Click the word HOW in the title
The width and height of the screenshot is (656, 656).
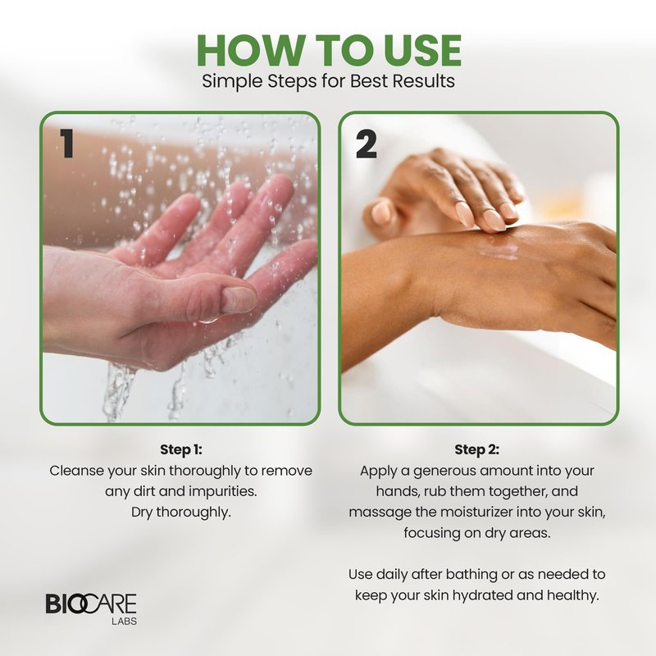coord(249,50)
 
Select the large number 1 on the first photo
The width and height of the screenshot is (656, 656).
coord(67,143)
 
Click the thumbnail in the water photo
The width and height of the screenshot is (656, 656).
coord(238,299)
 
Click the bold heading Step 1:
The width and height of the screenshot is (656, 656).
coord(181,449)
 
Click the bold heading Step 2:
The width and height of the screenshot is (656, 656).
coord(477,449)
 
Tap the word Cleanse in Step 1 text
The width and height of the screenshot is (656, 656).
coord(76,471)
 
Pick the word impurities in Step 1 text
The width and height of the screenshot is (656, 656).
coord(223,491)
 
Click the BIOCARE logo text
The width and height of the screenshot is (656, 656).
coord(91,604)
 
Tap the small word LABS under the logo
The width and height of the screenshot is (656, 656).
coord(125,622)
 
